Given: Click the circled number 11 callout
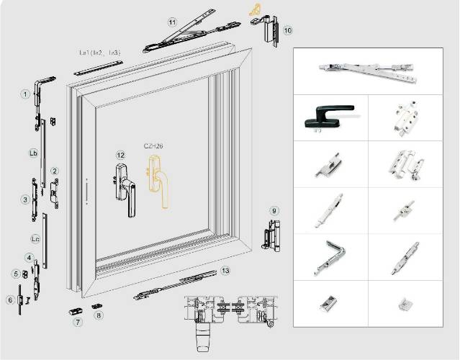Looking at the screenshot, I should click(x=172, y=22).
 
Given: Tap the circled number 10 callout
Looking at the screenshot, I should click(x=287, y=31).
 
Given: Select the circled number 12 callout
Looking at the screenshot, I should click(x=120, y=155).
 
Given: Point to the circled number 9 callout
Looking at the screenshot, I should click(x=274, y=210).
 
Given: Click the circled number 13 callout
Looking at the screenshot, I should click(x=225, y=271).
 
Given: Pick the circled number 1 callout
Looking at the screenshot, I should click(x=24, y=94).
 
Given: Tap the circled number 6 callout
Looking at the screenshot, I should click(x=10, y=300).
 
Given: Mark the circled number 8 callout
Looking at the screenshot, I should click(x=99, y=315).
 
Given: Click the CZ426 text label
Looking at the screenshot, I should click(x=153, y=146).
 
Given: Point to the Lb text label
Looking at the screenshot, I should click(x=33, y=153).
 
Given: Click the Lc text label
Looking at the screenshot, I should click(x=35, y=238).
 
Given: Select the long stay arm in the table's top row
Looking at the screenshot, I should click(x=367, y=70).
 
